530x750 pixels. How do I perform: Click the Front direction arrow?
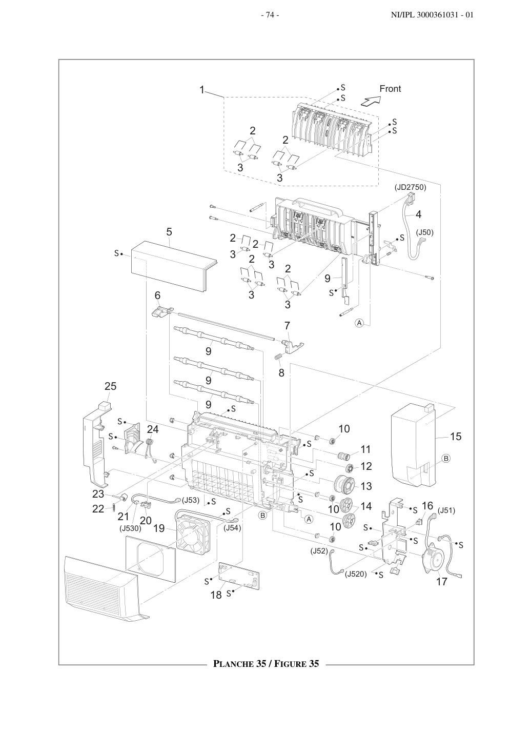pos(371,101)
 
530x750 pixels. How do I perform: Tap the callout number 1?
pos(202,90)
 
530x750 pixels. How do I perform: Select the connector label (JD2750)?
pos(410,188)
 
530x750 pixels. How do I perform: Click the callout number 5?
pos(169,232)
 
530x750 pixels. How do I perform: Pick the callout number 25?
pos(110,386)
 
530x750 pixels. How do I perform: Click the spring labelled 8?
pos(278,357)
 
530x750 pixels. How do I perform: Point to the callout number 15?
pos(456,436)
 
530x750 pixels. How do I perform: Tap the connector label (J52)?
pos(319,551)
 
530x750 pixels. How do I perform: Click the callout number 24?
pos(153,429)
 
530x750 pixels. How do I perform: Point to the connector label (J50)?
pos(424,232)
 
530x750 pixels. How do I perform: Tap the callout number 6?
pos(157,295)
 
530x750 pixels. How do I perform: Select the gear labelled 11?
pos(343,456)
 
